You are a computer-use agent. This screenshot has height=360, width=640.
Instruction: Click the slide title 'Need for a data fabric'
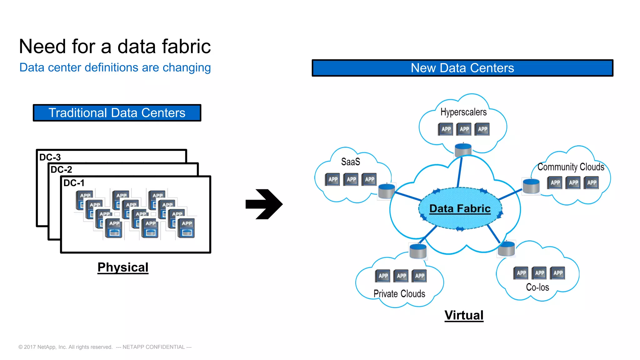coord(115,47)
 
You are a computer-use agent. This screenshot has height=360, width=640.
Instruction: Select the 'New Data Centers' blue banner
coord(462,68)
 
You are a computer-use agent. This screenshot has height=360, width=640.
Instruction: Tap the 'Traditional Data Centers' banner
coord(117,113)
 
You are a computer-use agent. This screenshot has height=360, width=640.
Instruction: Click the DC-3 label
coord(50,157)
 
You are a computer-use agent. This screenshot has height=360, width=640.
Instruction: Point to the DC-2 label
coord(61,170)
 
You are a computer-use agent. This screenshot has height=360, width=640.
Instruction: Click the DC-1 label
coord(74,183)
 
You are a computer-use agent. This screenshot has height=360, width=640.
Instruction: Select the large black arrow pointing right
coord(264,204)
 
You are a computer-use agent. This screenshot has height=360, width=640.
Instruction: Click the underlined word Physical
coord(123,267)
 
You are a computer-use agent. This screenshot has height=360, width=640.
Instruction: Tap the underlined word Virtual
coord(464,315)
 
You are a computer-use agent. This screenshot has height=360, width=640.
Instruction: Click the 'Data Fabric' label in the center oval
coord(460,208)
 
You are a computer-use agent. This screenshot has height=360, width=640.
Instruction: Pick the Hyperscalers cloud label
coord(463,112)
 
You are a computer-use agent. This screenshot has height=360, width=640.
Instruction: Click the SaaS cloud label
coord(350,162)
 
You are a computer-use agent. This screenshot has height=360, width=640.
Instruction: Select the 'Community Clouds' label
coord(571,167)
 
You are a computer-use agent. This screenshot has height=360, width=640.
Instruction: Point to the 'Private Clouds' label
coord(399,293)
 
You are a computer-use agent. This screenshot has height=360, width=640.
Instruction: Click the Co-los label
coord(537,287)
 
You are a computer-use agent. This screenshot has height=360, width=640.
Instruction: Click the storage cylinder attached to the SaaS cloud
coord(387,191)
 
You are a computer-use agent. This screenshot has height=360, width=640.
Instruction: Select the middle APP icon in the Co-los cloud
coord(540,273)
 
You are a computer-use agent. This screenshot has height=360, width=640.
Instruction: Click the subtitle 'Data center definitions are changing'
coord(115,67)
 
